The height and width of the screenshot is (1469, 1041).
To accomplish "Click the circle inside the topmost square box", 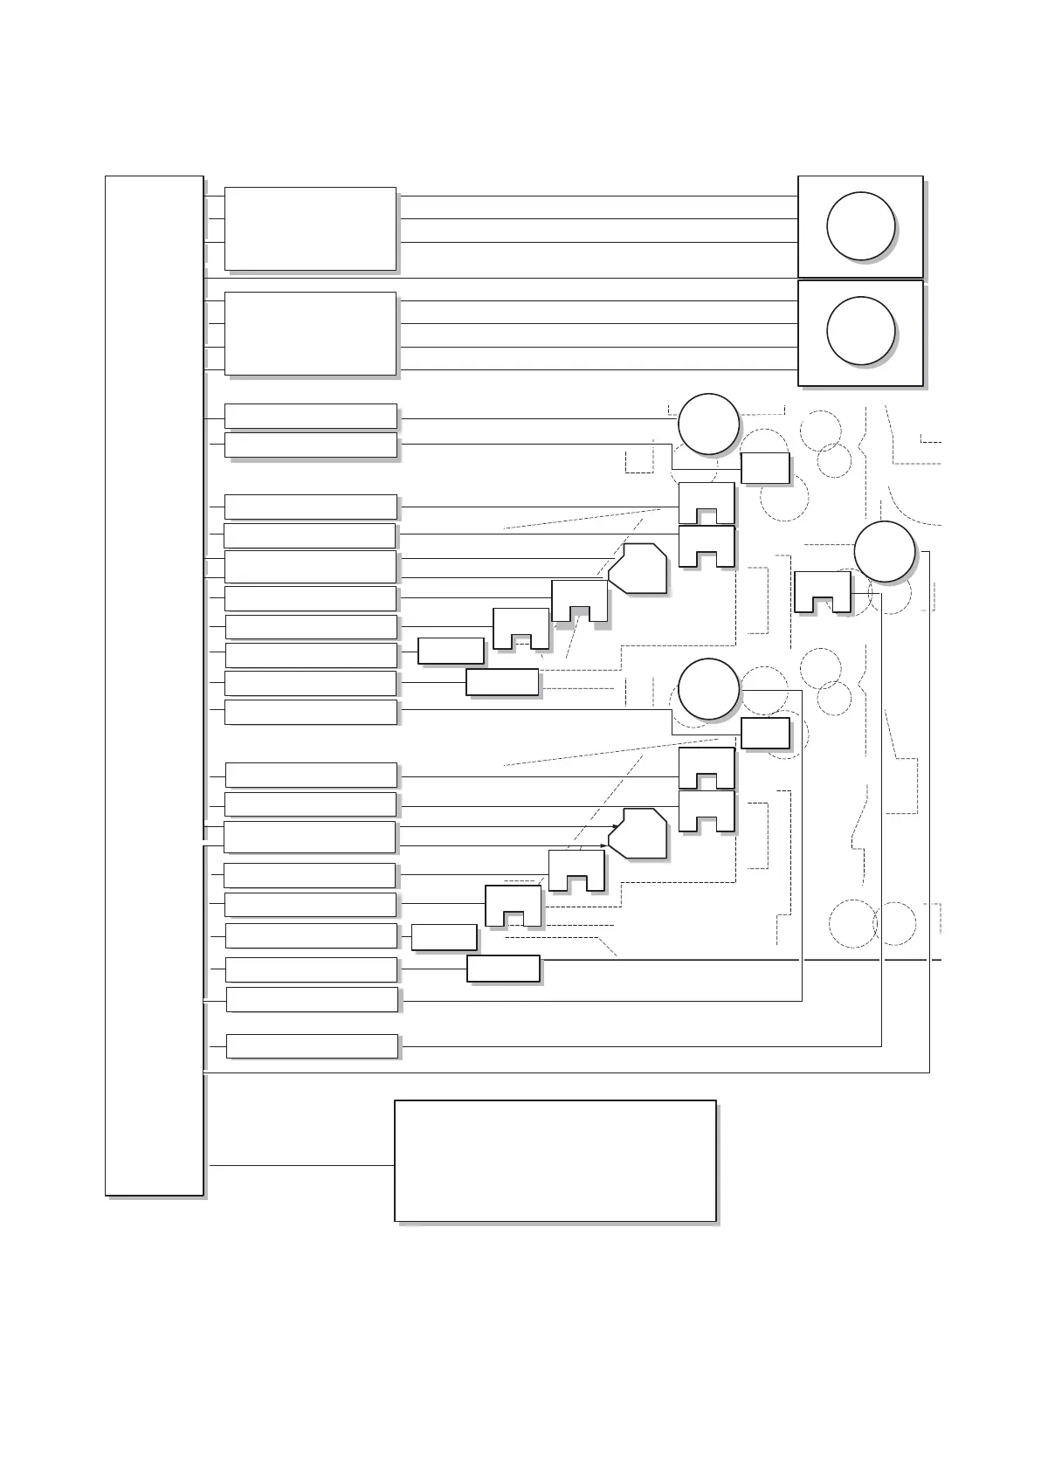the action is coord(860,226).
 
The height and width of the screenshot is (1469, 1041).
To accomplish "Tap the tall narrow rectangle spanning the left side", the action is coord(154,685).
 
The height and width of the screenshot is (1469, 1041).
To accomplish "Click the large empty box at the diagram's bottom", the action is coord(555,1161).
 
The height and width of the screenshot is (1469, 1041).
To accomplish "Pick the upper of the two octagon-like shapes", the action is coord(638,569).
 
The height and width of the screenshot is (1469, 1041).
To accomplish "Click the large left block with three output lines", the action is coord(310,228).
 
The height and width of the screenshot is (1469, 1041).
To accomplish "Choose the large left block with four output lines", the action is coord(310,334).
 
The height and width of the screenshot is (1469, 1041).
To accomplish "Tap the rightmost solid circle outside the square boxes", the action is coord(884,552).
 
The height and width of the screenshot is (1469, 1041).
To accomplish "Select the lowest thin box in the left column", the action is coord(312,1045).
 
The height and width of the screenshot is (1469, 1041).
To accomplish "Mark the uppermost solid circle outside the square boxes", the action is coord(708,424).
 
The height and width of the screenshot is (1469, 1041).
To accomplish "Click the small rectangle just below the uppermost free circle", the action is coord(765,468).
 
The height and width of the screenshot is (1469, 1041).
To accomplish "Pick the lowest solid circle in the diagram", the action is coord(708,689).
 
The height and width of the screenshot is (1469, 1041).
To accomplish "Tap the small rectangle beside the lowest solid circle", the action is coord(765,734).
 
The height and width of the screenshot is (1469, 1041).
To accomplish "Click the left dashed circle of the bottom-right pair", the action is coord(851,923).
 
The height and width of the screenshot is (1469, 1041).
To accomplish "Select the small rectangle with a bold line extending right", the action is coord(503,969).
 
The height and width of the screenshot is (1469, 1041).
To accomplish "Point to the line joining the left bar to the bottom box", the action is coord(301,1165).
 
